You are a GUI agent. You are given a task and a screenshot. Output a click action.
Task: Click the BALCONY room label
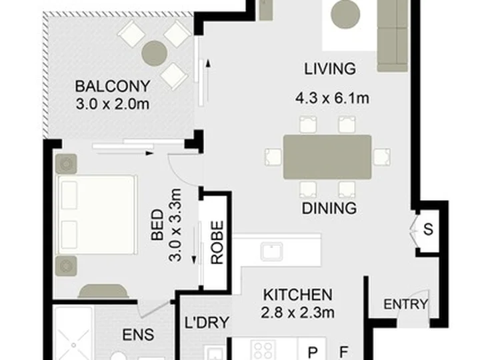[x=113, y=86]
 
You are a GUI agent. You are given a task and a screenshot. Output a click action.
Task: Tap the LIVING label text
[x=330, y=69]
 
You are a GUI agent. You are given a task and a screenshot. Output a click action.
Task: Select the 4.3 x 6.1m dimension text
[x=332, y=98]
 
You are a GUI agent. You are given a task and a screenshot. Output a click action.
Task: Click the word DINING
[x=329, y=208]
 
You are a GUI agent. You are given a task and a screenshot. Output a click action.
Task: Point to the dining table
[x=327, y=157]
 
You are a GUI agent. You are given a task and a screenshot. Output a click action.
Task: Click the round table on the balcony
[x=155, y=53]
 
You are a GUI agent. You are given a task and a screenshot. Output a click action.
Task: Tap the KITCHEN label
[x=298, y=295]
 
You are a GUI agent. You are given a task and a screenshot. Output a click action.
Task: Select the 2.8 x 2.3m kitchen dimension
[x=297, y=313]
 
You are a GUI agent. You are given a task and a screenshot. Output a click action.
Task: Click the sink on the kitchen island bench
[x=272, y=251]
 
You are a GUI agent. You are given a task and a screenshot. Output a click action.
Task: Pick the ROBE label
[x=217, y=243]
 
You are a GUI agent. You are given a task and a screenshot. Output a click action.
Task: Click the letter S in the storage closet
[x=428, y=229]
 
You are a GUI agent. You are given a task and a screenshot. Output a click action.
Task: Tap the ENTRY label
[x=405, y=304]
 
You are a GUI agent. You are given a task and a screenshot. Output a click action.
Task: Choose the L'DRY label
[x=207, y=323]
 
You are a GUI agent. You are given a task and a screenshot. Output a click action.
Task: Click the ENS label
[x=139, y=335]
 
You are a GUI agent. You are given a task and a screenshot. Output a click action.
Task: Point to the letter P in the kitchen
[x=312, y=353]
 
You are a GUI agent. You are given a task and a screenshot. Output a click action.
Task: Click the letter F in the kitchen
[x=344, y=352]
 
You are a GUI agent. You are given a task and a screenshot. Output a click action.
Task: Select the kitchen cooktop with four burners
[x=263, y=350]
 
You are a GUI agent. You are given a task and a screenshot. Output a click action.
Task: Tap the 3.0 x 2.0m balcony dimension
[x=113, y=105]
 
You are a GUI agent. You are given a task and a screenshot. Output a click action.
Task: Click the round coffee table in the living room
[x=346, y=14]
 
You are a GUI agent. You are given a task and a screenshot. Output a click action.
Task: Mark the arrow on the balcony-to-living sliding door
[x=208, y=80]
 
